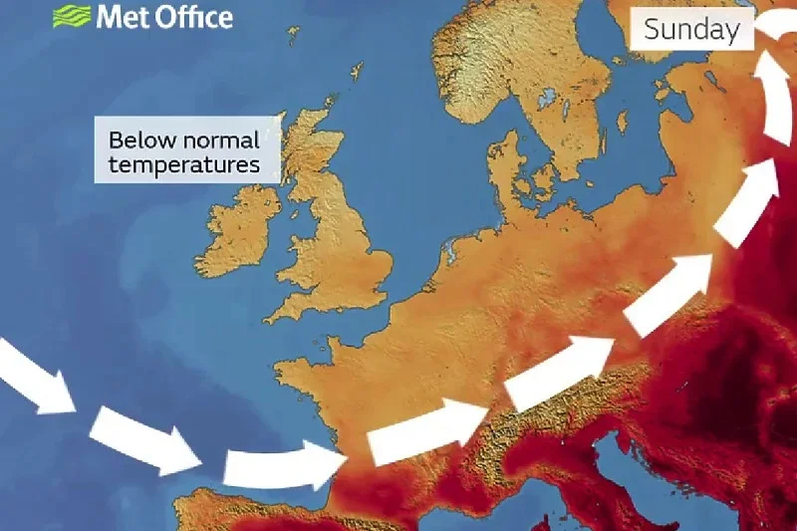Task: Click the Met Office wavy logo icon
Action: [x=71, y=16]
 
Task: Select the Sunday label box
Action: [x=691, y=29]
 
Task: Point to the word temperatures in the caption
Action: [x=183, y=164]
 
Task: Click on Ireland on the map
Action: [x=239, y=229]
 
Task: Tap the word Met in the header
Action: [x=117, y=17]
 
